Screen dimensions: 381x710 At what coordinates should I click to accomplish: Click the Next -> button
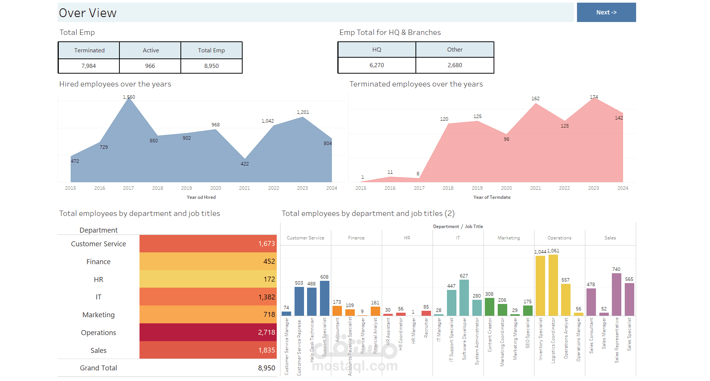pyautogui.click(x=606, y=13)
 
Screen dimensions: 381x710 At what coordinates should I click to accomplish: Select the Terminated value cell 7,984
pyautogui.click(x=89, y=66)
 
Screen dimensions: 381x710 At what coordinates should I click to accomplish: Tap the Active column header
pyautogui.click(x=150, y=50)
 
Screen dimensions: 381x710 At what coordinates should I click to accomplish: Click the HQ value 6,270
pyautogui.click(x=377, y=65)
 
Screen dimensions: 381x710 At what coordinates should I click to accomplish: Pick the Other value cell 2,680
pyautogui.click(x=455, y=65)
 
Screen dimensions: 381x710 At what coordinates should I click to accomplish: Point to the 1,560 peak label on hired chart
pyautogui.click(x=129, y=97)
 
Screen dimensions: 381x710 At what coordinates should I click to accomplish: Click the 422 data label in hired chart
pyautogui.click(x=245, y=164)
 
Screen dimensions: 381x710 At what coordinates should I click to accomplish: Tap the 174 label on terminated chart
pyautogui.click(x=594, y=97)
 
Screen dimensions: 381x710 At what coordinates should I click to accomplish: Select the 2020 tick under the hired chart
pyautogui.click(x=216, y=188)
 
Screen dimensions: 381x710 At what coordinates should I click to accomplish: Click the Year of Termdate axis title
pyautogui.click(x=492, y=197)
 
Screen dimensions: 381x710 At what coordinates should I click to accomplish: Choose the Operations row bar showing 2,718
pyautogui.click(x=208, y=332)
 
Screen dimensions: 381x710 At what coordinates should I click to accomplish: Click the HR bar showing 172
pyautogui.click(x=208, y=279)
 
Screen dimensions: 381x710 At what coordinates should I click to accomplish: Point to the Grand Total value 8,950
pyautogui.click(x=266, y=368)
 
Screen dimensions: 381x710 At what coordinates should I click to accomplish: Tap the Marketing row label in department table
pyautogui.click(x=99, y=315)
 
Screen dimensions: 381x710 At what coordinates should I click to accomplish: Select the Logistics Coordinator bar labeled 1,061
pyautogui.click(x=553, y=285)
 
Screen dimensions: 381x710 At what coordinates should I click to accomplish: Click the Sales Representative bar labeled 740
pyautogui.click(x=616, y=294)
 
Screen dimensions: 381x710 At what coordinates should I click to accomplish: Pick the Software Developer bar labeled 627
pyautogui.click(x=464, y=298)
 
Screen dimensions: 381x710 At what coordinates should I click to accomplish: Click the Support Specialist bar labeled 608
pyautogui.click(x=324, y=298)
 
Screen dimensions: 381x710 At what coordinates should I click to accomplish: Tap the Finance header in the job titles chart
pyautogui.click(x=356, y=238)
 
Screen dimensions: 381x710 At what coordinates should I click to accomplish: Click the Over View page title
pyautogui.click(x=88, y=13)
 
